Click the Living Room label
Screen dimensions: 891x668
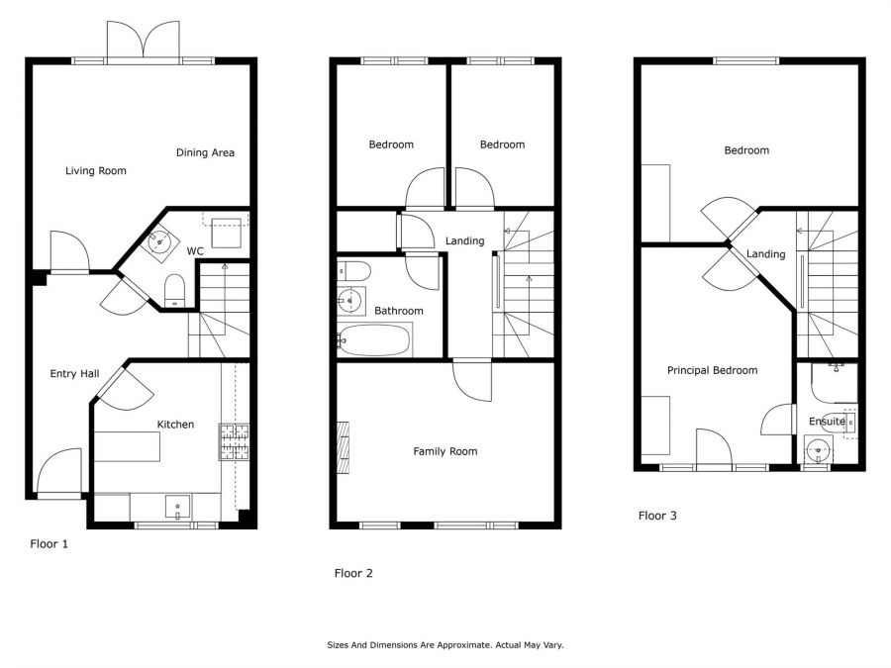click(x=95, y=170)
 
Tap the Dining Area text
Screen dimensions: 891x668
click(x=205, y=152)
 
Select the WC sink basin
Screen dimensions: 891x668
click(x=159, y=243)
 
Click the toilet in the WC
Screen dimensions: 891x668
click(x=174, y=291)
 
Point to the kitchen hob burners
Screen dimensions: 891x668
click(x=234, y=441)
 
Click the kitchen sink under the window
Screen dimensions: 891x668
click(x=178, y=507)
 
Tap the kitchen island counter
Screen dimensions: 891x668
click(x=128, y=446)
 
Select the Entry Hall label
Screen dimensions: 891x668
click(x=74, y=373)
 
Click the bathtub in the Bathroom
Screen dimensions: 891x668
click(x=374, y=340)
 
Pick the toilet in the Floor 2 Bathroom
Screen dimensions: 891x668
click(x=353, y=271)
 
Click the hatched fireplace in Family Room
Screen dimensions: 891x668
click(x=344, y=447)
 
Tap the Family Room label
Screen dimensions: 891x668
click(x=445, y=451)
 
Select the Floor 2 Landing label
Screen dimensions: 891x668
click(x=465, y=240)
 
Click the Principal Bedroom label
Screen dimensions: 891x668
click(x=712, y=370)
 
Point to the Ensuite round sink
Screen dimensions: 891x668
click(x=819, y=450)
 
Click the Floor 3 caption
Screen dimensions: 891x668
click(x=657, y=516)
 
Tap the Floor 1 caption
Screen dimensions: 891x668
click(x=49, y=543)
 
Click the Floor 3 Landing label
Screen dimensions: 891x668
click(x=765, y=254)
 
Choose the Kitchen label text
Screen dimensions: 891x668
click(x=175, y=425)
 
